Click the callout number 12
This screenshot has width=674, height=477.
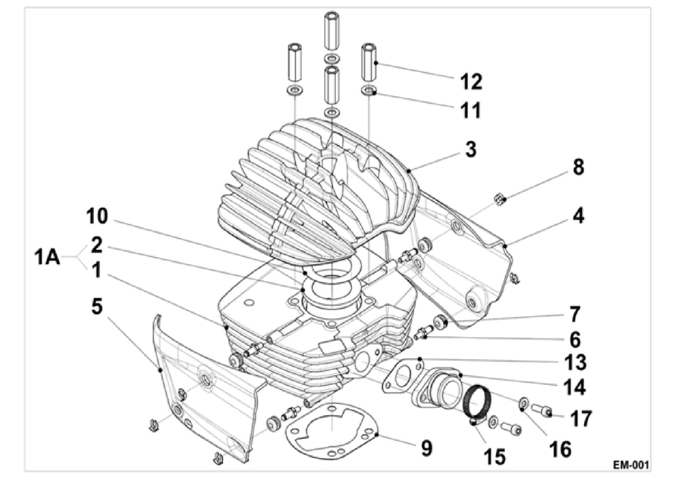point(471,81)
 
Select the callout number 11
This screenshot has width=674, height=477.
point(471,110)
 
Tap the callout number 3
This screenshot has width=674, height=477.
point(471,149)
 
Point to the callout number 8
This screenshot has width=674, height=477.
point(579,167)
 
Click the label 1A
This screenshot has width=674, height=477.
point(47,258)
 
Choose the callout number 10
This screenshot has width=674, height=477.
point(97,217)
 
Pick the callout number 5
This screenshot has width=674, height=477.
point(97,306)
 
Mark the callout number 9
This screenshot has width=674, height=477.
point(426,449)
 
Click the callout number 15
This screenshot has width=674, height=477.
point(495,457)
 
